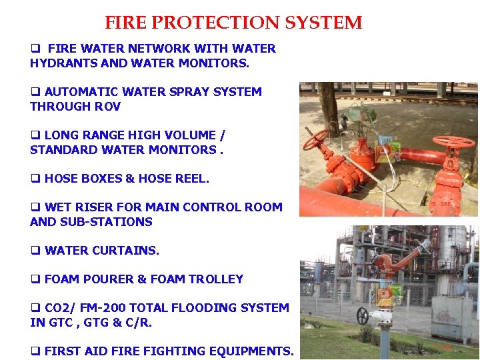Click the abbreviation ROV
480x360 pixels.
tap(107, 107)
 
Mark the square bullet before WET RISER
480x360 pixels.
tap(34, 207)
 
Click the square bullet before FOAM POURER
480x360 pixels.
tap(34, 279)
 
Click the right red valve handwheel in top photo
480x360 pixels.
tap(453, 142)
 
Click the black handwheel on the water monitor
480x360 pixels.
tap(363, 315)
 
